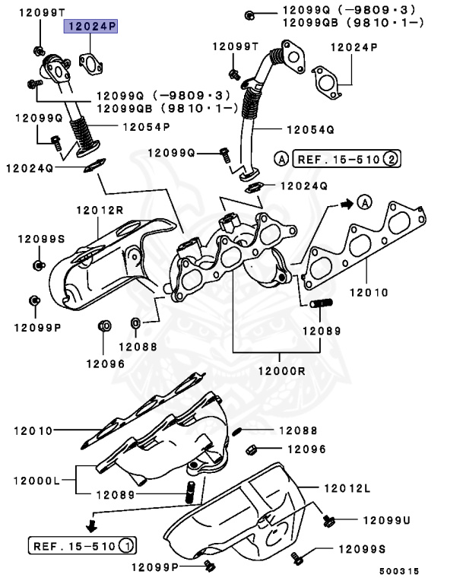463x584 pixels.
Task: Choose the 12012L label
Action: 347,487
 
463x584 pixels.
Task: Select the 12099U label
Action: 385,520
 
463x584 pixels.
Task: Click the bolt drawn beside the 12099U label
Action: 329,520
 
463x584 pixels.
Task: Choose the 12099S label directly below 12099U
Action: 361,549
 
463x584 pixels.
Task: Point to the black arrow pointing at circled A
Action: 346,203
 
